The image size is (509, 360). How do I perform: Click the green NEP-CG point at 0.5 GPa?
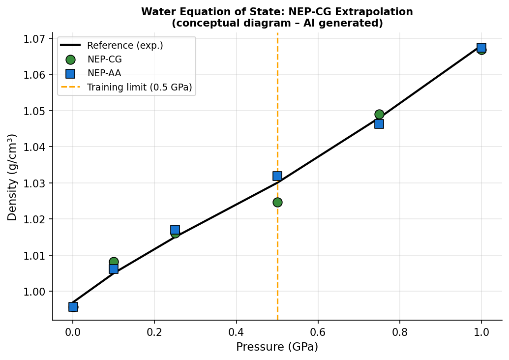tap(277, 202)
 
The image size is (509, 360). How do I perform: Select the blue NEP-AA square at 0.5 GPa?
tap(277, 176)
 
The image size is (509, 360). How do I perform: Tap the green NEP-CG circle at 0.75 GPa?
tap(379, 114)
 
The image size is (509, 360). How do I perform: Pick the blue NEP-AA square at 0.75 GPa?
tap(379, 124)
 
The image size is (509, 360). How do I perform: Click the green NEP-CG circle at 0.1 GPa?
tap(114, 262)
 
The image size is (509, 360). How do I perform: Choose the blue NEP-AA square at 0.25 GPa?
tap(175, 230)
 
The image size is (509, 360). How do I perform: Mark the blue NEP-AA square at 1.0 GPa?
tap(481, 48)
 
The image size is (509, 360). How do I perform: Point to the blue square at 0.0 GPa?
tap(73, 307)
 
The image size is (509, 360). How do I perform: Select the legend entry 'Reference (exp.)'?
tap(125, 46)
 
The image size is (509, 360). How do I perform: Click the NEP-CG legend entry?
tap(104, 60)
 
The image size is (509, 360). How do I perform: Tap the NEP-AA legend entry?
tap(104, 74)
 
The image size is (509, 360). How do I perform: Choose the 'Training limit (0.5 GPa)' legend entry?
tap(139, 88)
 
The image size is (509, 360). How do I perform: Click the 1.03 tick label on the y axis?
tap(37, 183)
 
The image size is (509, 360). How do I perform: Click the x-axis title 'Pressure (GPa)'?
tap(277, 347)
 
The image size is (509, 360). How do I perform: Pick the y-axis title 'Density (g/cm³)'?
tap(12, 177)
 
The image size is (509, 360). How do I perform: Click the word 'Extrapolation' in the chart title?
tap(377, 12)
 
